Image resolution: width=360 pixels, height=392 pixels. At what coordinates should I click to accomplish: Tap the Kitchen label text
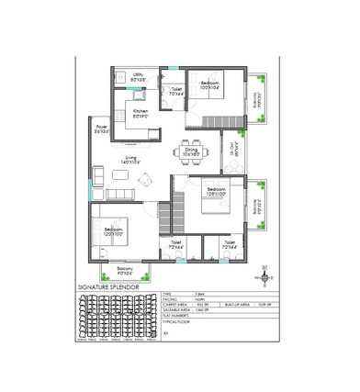point(141,114)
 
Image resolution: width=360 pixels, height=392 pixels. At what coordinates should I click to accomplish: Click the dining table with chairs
point(189,149)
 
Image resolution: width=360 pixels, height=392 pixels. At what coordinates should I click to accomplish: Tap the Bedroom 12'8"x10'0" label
point(219,191)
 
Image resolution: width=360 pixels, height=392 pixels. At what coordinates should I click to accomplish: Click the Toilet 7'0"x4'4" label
point(175,92)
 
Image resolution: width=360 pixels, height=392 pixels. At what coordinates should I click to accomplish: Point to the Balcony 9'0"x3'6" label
point(126,271)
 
